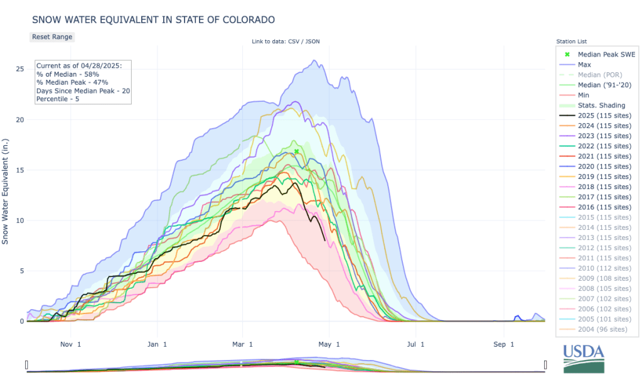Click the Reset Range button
[x=52, y=36]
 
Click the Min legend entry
[x=583, y=95]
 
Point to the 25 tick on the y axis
[x=20, y=69]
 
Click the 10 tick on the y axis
[x=20, y=220]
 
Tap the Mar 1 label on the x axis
[x=242, y=344]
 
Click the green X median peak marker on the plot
[x=296, y=151]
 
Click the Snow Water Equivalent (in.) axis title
[x=6, y=191]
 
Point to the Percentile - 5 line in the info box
[x=62, y=99]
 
